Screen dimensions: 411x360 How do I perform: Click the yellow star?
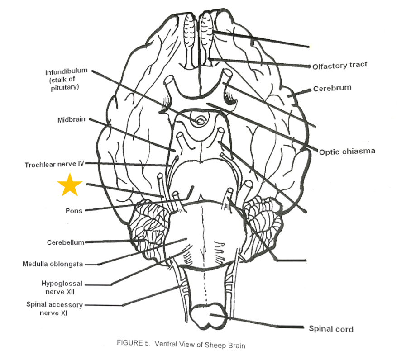coord(70,185)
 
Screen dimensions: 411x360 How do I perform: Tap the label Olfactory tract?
coord(339,66)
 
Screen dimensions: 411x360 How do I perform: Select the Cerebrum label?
coord(332,88)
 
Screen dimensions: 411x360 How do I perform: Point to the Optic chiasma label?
coord(347,151)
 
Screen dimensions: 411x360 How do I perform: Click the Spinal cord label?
coord(330,329)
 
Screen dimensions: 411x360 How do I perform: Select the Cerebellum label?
coord(65,242)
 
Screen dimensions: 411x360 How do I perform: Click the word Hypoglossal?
coord(62,284)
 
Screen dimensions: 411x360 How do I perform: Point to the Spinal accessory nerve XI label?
coord(54,308)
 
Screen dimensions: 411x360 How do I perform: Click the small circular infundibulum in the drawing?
coord(199,122)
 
